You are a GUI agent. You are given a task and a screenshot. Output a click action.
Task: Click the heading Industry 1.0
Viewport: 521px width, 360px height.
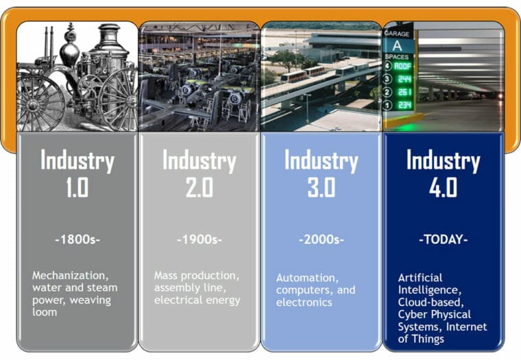tap(77, 173)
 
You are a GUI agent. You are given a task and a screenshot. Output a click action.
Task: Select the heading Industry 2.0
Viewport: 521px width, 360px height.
tap(199, 173)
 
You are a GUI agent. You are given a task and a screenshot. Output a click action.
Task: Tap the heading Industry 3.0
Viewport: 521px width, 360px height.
tap(321, 173)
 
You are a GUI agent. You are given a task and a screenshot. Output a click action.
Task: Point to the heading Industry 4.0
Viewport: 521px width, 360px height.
tap(443, 173)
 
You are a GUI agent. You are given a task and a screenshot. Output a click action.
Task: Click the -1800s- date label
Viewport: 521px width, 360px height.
tap(77, 241)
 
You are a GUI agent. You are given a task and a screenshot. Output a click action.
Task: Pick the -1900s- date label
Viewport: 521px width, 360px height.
tap(199, 241)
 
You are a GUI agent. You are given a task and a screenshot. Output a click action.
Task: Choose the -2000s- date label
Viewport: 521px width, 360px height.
tap(321, 241)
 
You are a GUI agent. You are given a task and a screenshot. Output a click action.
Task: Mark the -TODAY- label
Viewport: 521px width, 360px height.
tap(443, 241)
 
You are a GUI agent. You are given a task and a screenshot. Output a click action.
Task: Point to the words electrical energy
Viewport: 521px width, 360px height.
tap(197, 300)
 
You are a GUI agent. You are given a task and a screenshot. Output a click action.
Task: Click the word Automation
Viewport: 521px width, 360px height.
tap(307, 278)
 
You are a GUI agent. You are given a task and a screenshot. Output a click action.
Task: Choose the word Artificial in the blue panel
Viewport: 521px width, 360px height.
tap(420, 278)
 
